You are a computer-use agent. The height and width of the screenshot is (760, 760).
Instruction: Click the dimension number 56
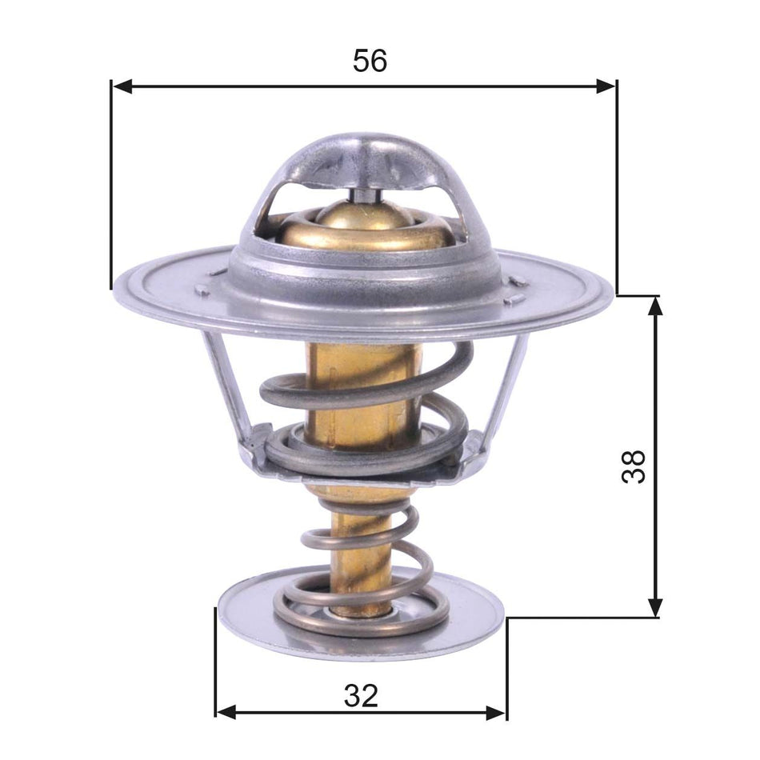pos(370,61)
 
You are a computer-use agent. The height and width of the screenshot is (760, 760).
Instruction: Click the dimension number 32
pos(361,696)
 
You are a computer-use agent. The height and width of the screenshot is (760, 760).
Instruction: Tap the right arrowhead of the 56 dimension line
pos(606,86)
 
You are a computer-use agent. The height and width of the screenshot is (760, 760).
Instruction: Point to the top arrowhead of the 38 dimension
pos(655,306)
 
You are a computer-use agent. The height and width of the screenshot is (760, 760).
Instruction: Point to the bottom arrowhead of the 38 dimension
pos(655,607)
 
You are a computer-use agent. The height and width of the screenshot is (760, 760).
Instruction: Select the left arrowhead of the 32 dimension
pos(226,711)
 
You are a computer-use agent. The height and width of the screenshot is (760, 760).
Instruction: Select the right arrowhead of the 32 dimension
pos(496,711)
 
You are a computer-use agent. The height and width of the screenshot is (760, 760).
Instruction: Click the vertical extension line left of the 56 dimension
pos(110,184)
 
